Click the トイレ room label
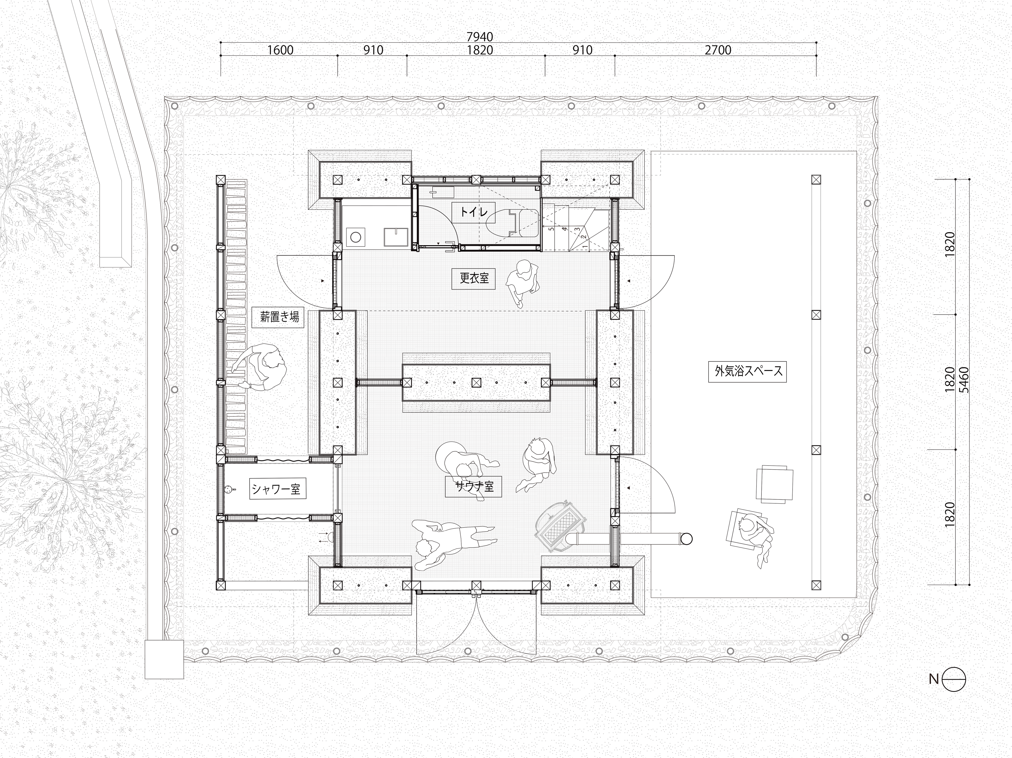pos(474,212)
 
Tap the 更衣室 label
pos(474,278)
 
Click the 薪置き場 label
pos(279,317)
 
